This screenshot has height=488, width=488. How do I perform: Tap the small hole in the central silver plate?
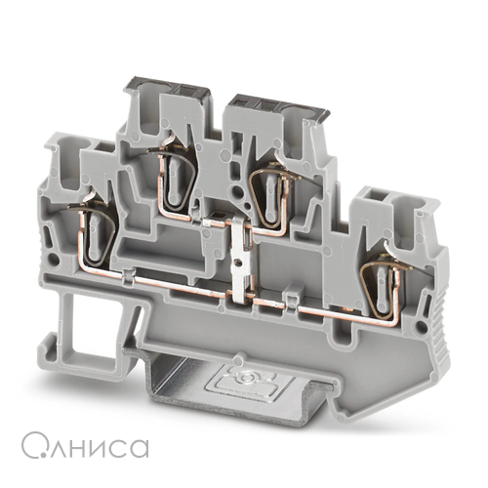[240, 263]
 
